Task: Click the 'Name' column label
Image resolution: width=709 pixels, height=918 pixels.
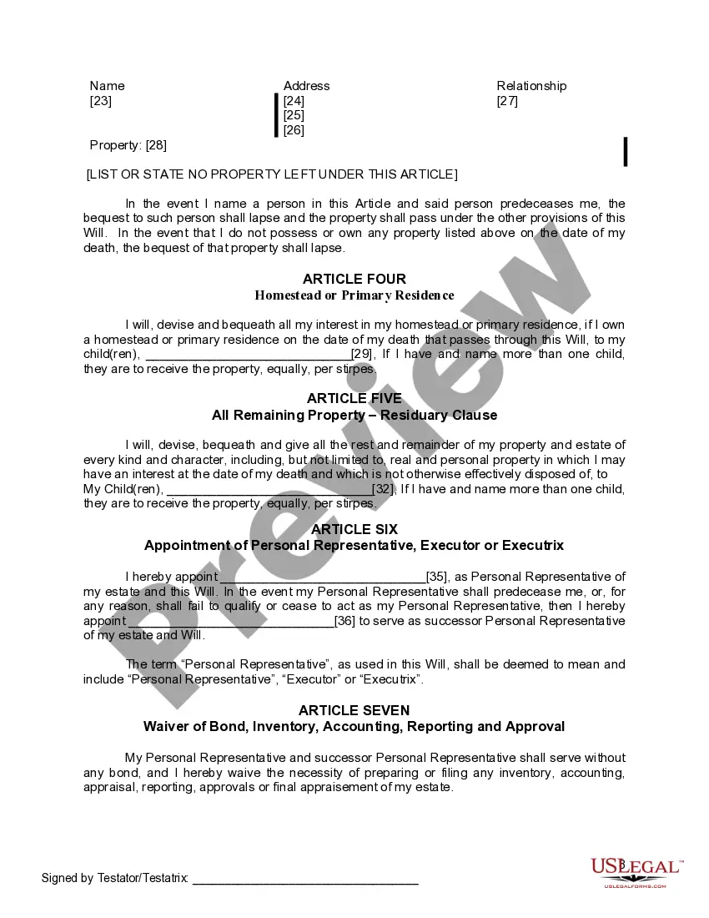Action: pyautogui.click(x=107, y=86)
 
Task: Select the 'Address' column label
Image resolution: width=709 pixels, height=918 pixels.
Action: pyautogui.click(x=306, y=86)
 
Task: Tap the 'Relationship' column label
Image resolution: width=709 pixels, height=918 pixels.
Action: pyautogui.click(x=531, y=86)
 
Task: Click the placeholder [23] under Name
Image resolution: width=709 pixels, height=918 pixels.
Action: pyautogui.click(x=100, y=101)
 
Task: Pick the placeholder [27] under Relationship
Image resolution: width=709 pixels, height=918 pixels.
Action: pyautogui.click(x=507, y=101)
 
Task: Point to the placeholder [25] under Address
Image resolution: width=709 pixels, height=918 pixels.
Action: pyautogui.click(x=294, y=115)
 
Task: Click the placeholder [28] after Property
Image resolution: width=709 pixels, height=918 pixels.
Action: pyautogui.click(x=156, y=145)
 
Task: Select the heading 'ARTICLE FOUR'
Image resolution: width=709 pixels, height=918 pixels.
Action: pyautogui.click(x=354, y=279)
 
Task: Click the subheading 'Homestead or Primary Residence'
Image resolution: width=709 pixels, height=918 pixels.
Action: pyautogui.click(x=354, y=295)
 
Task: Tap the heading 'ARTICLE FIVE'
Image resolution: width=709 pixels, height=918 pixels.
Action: pyautogui.click(x=354, y=399)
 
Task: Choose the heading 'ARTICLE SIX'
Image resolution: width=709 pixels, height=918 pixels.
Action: pyautogui.click(x=354, y=529)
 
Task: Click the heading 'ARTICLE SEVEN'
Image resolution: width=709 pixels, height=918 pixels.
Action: pyautogui.click(x=354, y=710)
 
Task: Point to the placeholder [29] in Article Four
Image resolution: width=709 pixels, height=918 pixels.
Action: pyautogui.click(x=362, y=355)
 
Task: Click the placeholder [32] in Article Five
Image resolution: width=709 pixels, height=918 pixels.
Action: pyautogui.click(x=383, y=489)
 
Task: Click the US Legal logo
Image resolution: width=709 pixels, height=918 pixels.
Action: pyautogui.click(x=636, y=870)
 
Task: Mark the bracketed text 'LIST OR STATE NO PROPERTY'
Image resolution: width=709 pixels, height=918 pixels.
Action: pyautogui.click(x=272, y=174)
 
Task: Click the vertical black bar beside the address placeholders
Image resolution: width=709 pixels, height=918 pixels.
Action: pyautogui.click(x=276, y=115)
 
